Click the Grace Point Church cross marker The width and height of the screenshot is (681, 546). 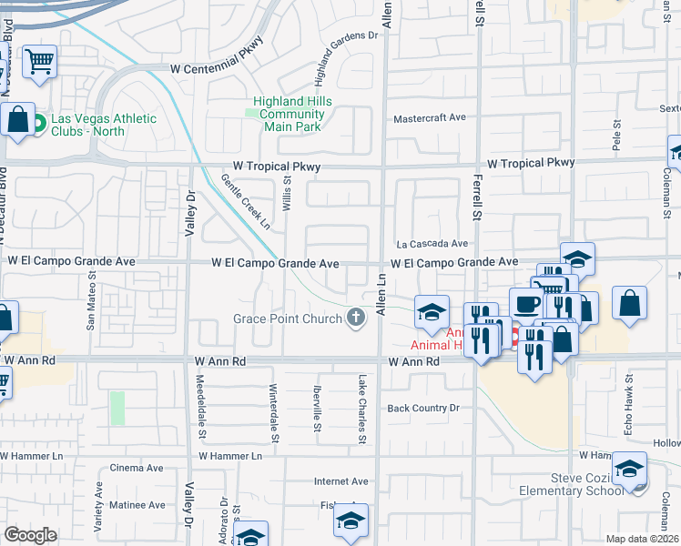[x=356, y=318]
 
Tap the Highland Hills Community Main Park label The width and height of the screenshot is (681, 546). [x=292, y=114]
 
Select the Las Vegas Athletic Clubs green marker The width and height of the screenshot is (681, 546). [x=39, y=123]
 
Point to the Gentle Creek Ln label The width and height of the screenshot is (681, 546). [x=246, y=202]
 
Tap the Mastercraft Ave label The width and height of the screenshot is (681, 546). [x=429, y=118]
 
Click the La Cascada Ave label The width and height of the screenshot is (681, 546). [x=432, y=244]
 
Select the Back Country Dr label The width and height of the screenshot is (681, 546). [x=422, y=409]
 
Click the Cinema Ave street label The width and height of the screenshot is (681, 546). [x=136, y=468]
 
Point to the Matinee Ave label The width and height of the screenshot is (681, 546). [x=137, y=504]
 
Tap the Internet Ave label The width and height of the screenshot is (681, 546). [x=340, y=481]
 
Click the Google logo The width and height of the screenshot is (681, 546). [x=30, y=535]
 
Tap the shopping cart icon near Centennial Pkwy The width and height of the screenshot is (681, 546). [x=39, y=63]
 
